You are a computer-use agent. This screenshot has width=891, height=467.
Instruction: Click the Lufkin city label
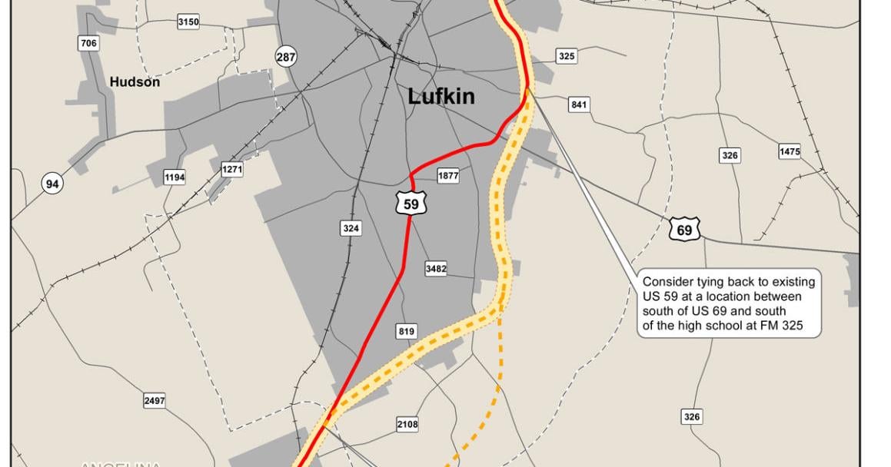pos(441,96)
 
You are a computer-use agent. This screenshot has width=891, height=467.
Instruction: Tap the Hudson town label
pos(135,81)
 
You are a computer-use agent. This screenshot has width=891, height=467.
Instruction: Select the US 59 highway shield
pos(411,204)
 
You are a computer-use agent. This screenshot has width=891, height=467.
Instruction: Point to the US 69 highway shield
pos(683,230)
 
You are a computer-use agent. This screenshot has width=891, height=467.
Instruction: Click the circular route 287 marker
pos(285,56)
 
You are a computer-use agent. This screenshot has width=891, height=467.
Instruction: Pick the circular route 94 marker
pos(52,184)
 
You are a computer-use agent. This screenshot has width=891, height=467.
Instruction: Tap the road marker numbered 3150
pos(188,22)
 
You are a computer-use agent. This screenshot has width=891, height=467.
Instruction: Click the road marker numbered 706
pos(89,43)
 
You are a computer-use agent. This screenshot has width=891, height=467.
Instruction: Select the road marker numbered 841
pos(579,104)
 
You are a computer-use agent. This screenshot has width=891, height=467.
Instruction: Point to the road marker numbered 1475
pos(790,151)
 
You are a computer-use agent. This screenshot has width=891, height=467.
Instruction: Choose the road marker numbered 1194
pos(175,178)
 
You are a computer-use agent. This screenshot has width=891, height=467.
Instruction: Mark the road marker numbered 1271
pos(232,170)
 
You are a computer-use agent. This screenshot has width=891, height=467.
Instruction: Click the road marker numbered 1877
pos(448,176)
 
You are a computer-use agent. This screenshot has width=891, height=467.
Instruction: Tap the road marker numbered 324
pos(351,228)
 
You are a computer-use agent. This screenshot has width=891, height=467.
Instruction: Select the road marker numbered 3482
pos(436,269)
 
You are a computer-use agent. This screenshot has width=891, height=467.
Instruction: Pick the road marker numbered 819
pos(407,332)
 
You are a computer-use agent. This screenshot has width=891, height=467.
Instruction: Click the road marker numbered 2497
pos(155,401)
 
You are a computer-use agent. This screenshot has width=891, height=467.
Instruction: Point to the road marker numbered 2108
pos(407,424)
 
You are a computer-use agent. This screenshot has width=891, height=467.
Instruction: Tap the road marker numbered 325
pos(567,56)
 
